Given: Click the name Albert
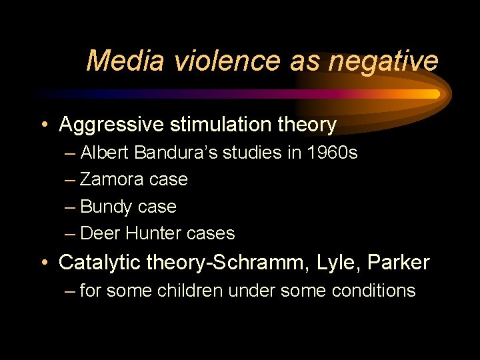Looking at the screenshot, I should click(105, 153).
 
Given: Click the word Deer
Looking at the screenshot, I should click(99, 233).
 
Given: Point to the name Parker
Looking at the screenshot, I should click(404, 263).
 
